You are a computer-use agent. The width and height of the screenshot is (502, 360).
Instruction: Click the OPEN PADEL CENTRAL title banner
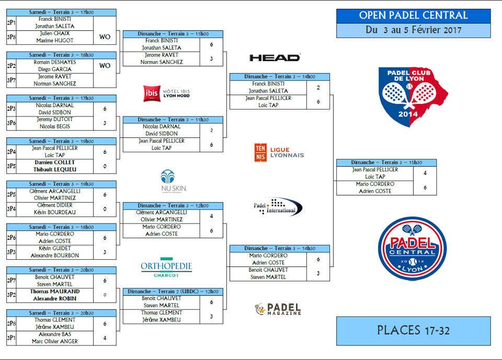click(413, 16)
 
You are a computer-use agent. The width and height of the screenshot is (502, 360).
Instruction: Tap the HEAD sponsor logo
click(275, 57)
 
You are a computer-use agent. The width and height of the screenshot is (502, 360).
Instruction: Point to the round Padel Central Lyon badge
click(413, 248)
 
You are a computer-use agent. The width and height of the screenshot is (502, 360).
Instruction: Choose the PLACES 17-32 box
click(413, 330)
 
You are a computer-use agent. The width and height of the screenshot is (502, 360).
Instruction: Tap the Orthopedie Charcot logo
click(166, 266)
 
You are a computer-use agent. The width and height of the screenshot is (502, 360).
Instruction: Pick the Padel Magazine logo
click(278, 309)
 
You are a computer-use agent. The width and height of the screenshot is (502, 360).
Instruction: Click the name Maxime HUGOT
click(55, 40)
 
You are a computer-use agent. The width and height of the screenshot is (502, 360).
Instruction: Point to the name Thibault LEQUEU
click(55, 169)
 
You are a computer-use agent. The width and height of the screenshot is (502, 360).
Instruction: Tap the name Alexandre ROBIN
click(55, 298)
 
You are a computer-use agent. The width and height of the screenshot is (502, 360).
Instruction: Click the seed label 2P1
click(11, 22)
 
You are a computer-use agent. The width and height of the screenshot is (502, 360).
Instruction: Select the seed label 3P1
click(11, 338)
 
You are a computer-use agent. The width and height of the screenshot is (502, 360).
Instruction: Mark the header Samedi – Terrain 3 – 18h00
click(61, 227)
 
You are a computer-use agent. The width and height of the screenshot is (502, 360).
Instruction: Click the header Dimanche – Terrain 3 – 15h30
click(386, 162)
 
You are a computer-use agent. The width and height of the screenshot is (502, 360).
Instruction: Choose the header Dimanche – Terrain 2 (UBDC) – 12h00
click(173, 291)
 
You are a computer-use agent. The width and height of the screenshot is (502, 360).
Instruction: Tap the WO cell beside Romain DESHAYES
click(105, 65)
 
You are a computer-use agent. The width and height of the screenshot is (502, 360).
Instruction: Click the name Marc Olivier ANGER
click(55, 341)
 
